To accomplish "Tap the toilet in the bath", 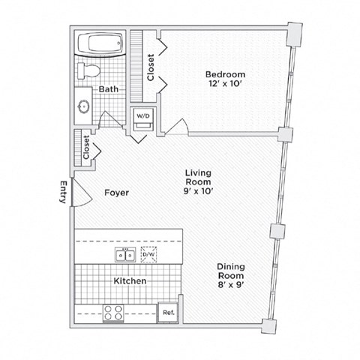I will pyautogui.click(x=89, y=70).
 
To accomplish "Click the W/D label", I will pyautogui.click(x=143, y=115).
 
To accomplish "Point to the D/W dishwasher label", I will pyautogui.click(x=149, y=255).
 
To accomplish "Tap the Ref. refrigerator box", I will pyautogui.click(x=167, y=312).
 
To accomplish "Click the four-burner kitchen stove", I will pyautogui.click(x=114, y=312).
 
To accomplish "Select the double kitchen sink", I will pyautogui.click(x=124, y=255).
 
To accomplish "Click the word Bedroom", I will pyautogui.click(x=225, y=74).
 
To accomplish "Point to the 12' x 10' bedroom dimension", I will pyautogui.click(x=225, y=85).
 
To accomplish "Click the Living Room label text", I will pyautogui.click(x=199, y=177).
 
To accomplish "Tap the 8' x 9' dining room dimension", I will pyautogui.click(x=230, y=285).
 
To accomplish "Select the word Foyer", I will pyautogui.click(x=116, y=193).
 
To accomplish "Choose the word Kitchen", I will pyautogui.click(x=130, y=280).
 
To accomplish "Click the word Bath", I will pyautogui.click(x=109, y=89).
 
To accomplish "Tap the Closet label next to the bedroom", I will pyautogui.click(x=151, y=67).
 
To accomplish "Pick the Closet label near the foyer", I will pyautogui.click(x=86, y=147).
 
